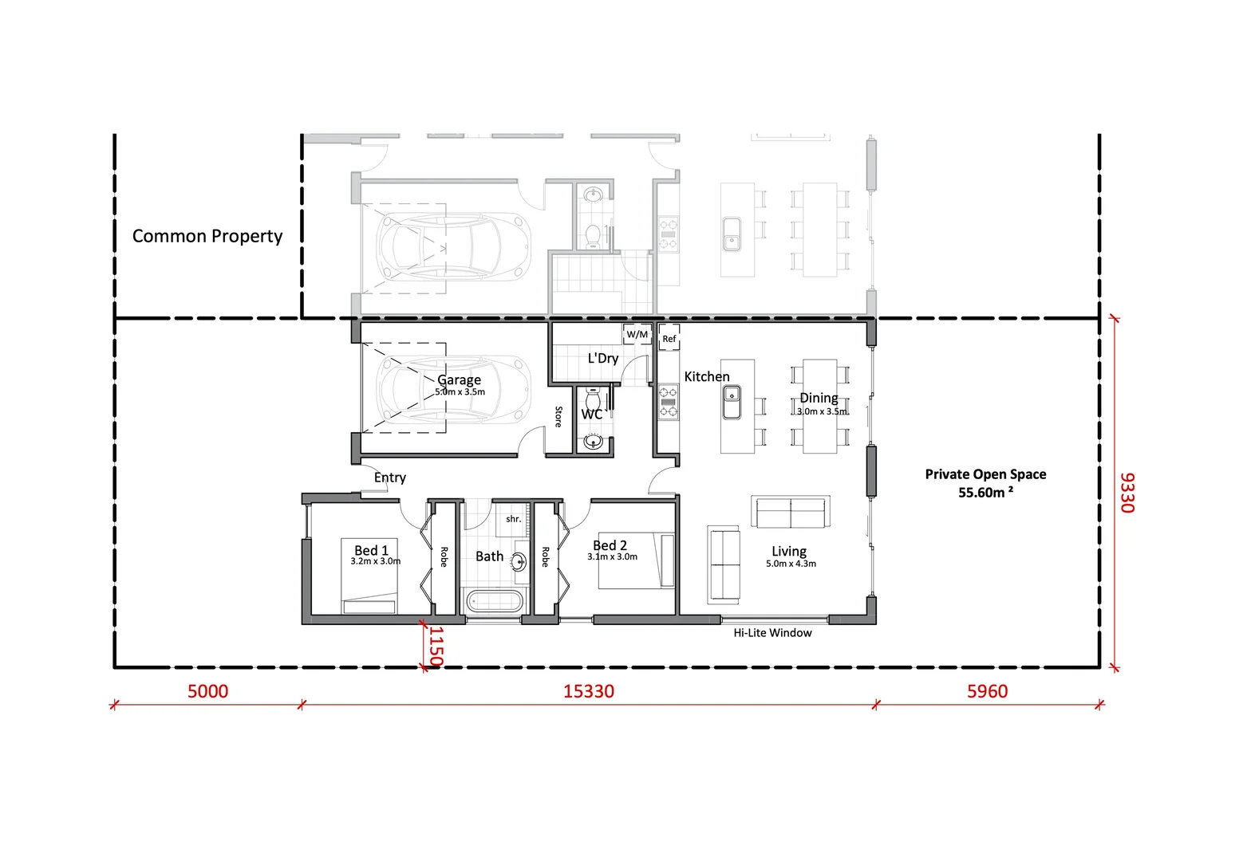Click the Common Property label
(207, 236)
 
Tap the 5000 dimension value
(207, 691)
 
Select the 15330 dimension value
(589, 691)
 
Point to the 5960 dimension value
(987, 691)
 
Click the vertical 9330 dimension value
(1127, 493)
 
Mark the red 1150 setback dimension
(436, 646)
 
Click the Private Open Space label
(985, 483)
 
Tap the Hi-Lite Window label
(772, 633)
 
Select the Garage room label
(459, 380)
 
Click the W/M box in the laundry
(637, 334)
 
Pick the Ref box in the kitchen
(669, 339)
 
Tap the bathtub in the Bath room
(495, 601)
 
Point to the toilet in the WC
(594, 398)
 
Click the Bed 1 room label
(372, 550)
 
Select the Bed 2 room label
(610, 545)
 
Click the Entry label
(390, 478)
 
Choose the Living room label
(789, 552)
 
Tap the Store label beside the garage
(558, 416)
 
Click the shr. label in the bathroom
(513, 519)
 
